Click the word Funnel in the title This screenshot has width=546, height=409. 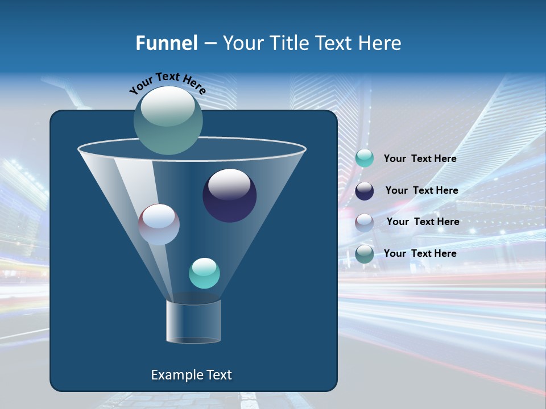pyautogui.click(x=166, y=43)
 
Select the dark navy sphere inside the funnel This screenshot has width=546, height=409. pyautogui.click(x=230, y=197)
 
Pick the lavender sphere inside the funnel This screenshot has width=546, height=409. pyautogui.click(x=159, y=225)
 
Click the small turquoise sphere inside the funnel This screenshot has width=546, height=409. pyautogui.click(x=204, y=273)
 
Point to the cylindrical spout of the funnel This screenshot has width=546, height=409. pyautogui.click(x=193, y=322)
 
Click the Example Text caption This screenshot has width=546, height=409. pyautogui.click(x=191, y=375)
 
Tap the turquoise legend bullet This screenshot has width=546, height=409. pyautogui.click(x=365, y=158)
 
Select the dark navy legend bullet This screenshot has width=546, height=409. pyautogui.click(x=365, y=191)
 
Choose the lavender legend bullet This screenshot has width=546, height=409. pyautogui.click(x=365, y=222)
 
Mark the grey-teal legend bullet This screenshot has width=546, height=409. pyautogui.click(x=365, y=253)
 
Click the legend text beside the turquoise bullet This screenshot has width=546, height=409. pyautogui.click(x=420, y=159)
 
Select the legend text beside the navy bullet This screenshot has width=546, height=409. pyautogui.click(x=421, y=191)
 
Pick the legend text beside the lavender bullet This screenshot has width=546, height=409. pyautogui.click(x=423, y=222)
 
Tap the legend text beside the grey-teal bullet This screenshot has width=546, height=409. pyautogui.click(x=420, y=253)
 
